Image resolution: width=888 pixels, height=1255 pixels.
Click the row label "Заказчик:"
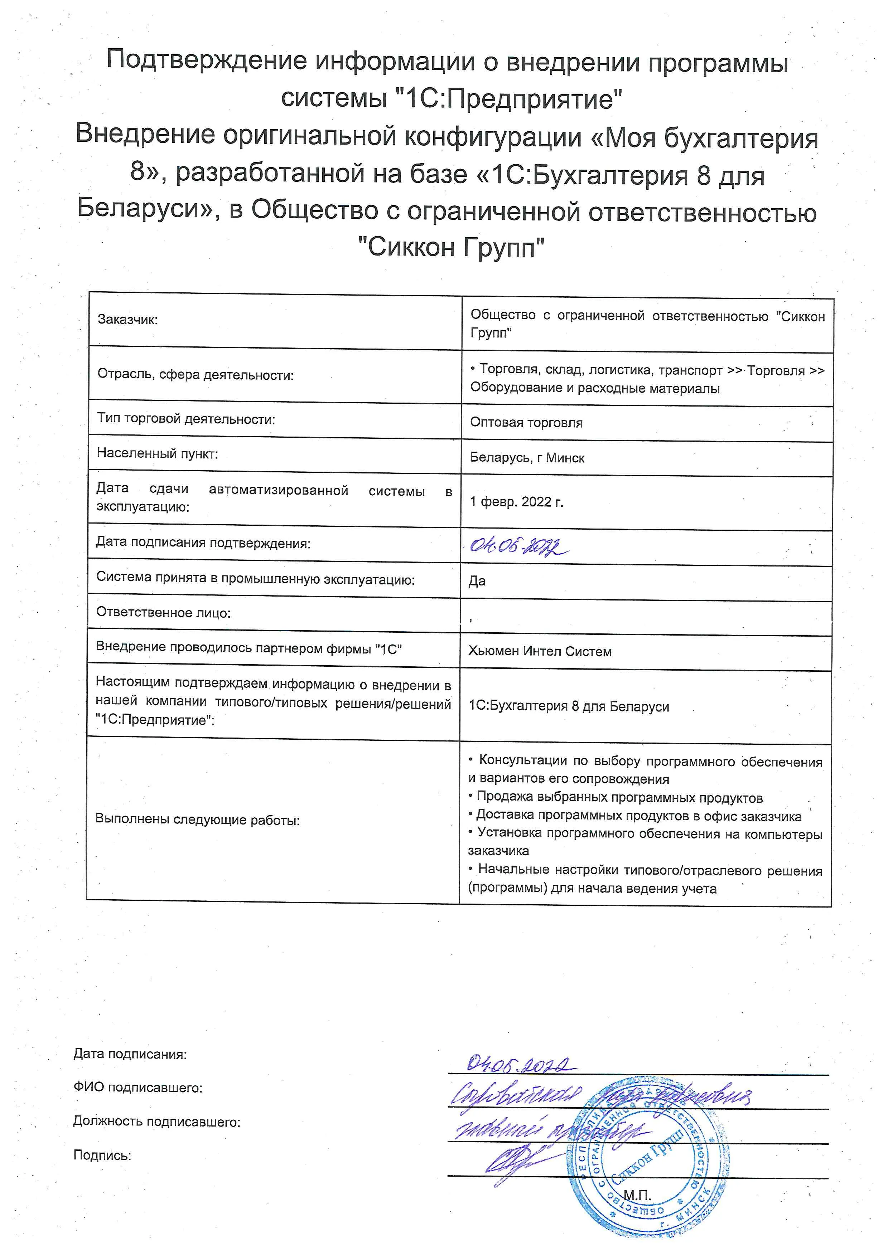pyautogui.click(x=127, y=320)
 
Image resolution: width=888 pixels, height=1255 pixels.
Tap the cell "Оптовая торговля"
pyautogui.click(x=526, y=423)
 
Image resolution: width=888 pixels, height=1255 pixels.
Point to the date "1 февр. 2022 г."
pyautogui.click(x=516, y=502)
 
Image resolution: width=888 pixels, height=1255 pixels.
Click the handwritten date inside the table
pyautogui.click(x=518, y=546)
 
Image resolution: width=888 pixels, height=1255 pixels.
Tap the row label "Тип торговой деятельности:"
pyautogui.click(x=186, y=419)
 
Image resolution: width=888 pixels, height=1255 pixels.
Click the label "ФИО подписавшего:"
pyautogui.click(x=138, y=1088)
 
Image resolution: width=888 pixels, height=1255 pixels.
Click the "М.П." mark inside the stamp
pyautogui.click(x=637, y=1196)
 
